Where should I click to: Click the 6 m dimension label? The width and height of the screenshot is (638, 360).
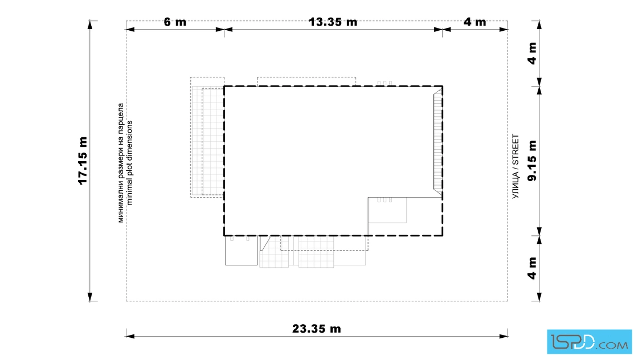click(x=175, y=22)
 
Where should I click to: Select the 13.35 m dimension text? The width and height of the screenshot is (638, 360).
click(x=333, y=22)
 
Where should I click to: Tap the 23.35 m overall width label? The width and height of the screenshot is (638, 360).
click(x=317, y=329)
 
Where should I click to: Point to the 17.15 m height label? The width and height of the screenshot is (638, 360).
click(x=83, y=161)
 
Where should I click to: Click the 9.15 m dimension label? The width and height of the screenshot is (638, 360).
click(x=532, y=161)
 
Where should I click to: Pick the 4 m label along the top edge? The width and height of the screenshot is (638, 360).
click(x=475, y=22)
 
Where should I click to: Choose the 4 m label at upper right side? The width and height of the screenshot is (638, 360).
click(x=532, y=54)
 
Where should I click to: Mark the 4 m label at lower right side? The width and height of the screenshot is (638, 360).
click(x=532, y=268)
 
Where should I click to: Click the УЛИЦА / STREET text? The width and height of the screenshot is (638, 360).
click(x=516, y=166)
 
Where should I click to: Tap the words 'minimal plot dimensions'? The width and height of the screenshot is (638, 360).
click(x=130, y=163)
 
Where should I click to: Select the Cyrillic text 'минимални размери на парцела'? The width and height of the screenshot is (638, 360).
click(x=121, y=163)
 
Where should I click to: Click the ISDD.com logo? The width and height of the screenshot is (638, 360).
click(x=589, y=342)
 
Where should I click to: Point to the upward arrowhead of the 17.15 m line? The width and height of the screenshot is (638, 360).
click(x=90, y=24)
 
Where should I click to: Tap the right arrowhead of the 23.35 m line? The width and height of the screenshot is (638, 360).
click(x=504, y=337)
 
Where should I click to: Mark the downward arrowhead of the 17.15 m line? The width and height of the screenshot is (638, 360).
click(x=90, y=297)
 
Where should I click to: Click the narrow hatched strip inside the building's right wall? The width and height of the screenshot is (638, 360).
click(x=438, y=142)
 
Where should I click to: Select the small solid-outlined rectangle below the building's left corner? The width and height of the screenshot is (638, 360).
click(x=242, y=251)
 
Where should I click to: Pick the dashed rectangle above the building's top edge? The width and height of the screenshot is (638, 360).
click(x=306, y=81)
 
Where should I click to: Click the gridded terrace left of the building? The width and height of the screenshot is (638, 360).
click(x=207, y=137)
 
